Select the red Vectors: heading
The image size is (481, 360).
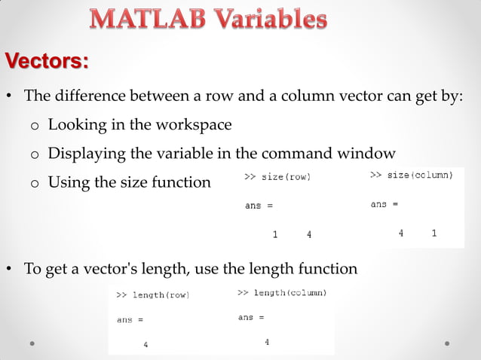[x=47, y=60]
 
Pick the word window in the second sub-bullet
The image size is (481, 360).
[x=366, y=154]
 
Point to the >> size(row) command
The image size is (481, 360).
[x=277, y=177]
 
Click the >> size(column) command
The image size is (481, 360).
[x=412, y=175]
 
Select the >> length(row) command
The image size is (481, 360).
[x=152, y=295]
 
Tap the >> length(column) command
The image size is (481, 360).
[x=282, y=292]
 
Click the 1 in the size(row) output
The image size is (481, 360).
[x=275, y=234]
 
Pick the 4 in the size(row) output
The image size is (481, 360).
[x=309, y=234]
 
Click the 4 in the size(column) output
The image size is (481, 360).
[x=401, y=233]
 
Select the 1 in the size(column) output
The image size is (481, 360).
[x=434, y=233]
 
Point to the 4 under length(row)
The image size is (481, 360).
[x=146, y=345]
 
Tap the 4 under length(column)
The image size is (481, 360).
[x=267, y=342]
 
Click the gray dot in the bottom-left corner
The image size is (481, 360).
[x=33, y=343]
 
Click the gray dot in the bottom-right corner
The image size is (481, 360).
[x=447, y=343]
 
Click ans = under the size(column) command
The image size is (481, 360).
[x=384, y=204]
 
